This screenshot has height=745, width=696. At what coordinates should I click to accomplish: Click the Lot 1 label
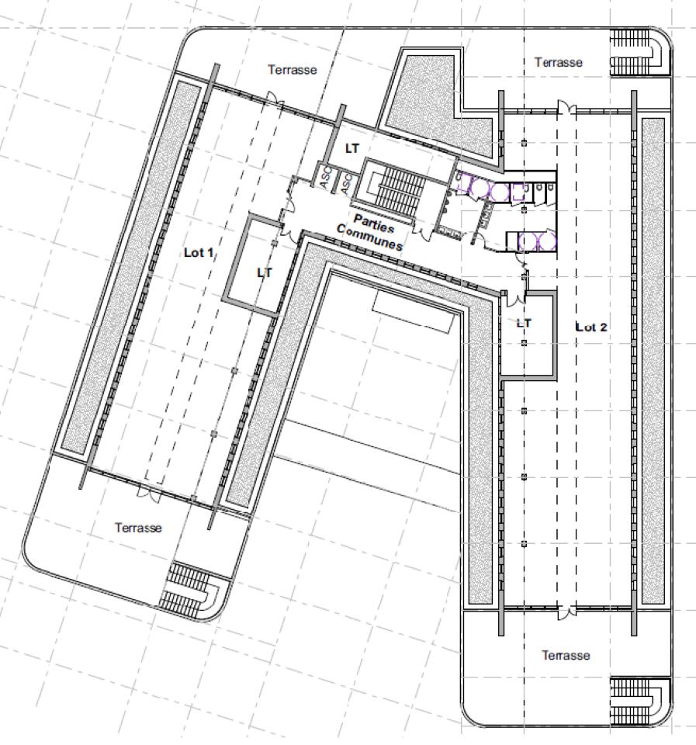(x=199, y=253)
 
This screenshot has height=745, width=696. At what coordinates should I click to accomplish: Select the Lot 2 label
(x=591, y=327)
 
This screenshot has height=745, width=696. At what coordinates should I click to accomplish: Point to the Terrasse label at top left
(x=293, y=70)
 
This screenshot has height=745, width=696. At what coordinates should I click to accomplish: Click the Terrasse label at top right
(x=558, y=62)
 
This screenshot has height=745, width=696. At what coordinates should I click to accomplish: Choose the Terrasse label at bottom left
(x=139, y=528)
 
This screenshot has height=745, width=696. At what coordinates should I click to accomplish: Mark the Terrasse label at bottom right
(x=565, y=656)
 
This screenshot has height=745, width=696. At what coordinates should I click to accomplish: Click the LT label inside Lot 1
(x=265, y=273)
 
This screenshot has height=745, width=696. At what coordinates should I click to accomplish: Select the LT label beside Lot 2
(x=524, y=322)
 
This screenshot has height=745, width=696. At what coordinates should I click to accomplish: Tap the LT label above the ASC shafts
(x=352, y=148)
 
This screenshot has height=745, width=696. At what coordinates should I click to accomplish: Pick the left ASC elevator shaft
(x=324, y=177)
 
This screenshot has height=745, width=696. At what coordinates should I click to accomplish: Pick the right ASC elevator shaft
(x=347, y=183)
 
